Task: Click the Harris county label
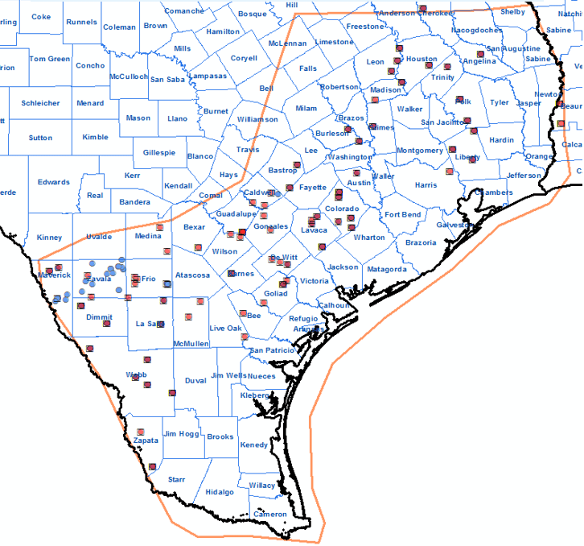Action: click(426, 185)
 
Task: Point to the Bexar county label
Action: click(195, 228)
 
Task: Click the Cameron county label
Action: click(269, 514)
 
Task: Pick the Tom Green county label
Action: click(50, 59)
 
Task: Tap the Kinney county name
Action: click(49, 238)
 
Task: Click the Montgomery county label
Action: click(420, 151)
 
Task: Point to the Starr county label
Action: click(176, 479)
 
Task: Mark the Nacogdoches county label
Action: click(476, 31)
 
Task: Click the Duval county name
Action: click(195, 380)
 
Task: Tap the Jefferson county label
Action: click(524, 175)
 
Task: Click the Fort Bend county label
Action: click(402, 215)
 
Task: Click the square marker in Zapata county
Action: click(141, 432)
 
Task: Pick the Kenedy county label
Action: click(254, 445)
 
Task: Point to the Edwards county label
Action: click(54, 182)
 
